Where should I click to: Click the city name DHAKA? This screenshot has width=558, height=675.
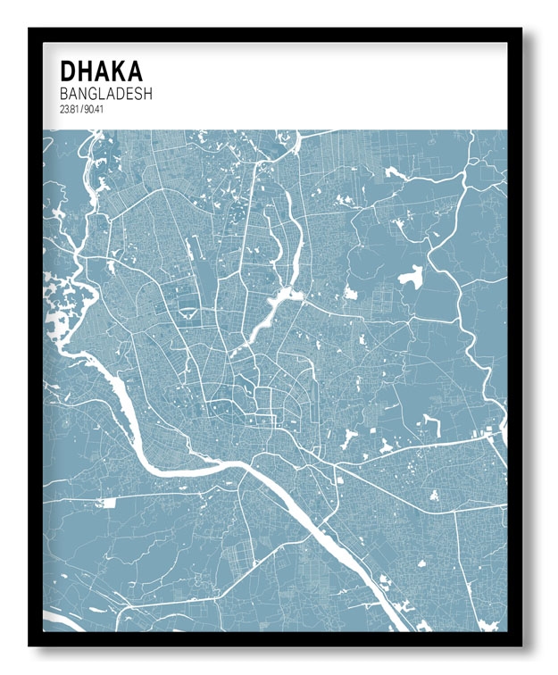click(101, 70)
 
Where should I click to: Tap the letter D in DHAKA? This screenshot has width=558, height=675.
click(67, 70)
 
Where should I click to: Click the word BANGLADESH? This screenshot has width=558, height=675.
click(106, 93)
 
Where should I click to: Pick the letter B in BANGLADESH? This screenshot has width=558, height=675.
click(64, 93)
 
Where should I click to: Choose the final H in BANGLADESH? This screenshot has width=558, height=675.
click(148, 93)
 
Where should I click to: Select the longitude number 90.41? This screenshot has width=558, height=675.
click(91, 110)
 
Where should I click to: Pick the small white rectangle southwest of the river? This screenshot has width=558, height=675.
click(109, 503)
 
